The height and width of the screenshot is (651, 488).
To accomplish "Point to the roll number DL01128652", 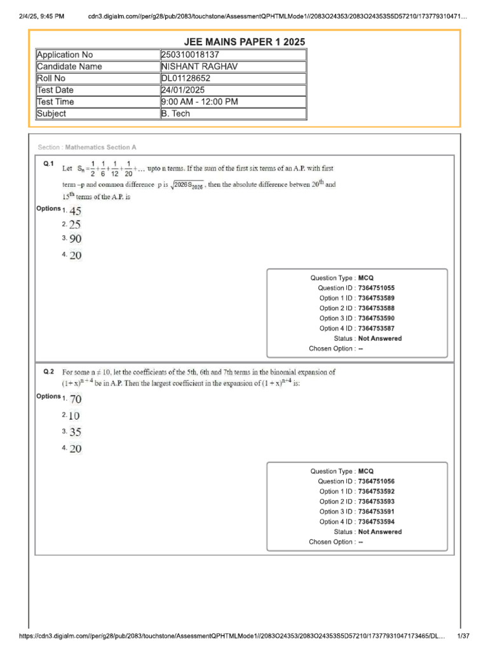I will pos(186,78).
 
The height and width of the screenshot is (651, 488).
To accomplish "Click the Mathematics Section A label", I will pos(87,147).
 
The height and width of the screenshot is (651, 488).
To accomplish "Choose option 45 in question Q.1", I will pos(76,211).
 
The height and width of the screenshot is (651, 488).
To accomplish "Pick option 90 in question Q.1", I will pos(76,240).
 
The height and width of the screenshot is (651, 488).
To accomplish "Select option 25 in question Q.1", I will pos(75,225).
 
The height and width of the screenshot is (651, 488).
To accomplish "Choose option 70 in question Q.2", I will pos(76,400).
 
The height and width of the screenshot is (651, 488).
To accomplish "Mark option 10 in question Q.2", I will pos(74,416).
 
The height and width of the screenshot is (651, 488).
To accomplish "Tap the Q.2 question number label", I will pos(49,371).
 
